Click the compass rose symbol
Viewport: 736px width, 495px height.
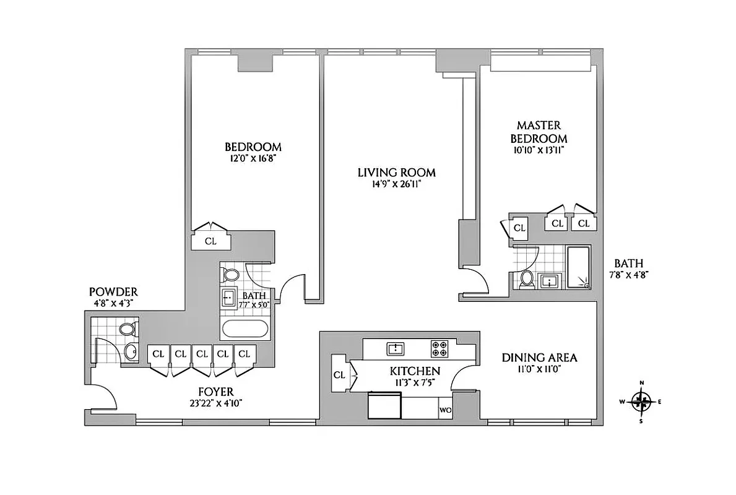[x=642, y=402]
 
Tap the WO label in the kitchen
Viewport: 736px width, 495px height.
[x=445, y=410]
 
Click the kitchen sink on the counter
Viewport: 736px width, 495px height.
[x=394, y=348]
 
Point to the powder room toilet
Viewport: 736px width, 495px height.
[x=128, y=328]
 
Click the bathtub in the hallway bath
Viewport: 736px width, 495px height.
[x=245, y=329]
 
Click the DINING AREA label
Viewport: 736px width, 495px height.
[x=539, y=358]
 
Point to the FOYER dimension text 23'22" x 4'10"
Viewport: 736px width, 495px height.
[x=215, y=403]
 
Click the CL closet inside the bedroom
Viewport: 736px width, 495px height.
[x=210, y=241]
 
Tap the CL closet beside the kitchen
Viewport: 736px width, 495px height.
[x=339, y=374]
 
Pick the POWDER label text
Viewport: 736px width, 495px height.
[x=113, y=291]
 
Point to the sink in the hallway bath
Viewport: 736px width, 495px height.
[x=228, y=298]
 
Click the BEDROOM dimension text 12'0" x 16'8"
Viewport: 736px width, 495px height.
[x=253, y=158]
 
